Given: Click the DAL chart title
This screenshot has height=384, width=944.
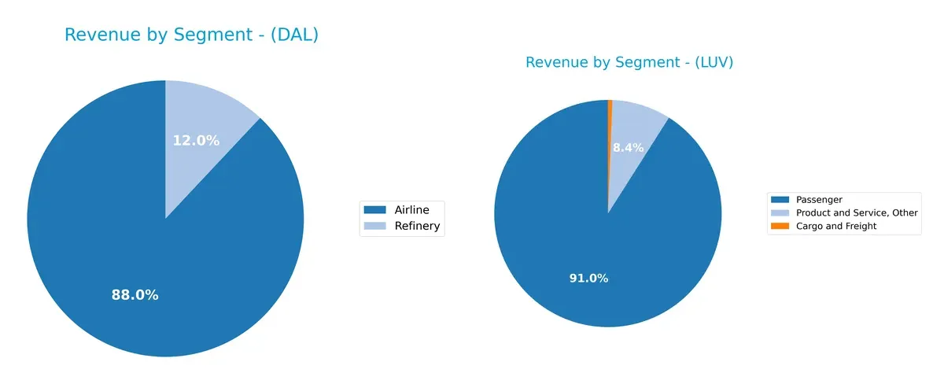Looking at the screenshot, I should click(191, 35).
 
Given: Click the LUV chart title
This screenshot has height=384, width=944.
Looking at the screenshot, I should click(629, 63).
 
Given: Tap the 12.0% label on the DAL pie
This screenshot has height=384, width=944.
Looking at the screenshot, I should click(196, 141).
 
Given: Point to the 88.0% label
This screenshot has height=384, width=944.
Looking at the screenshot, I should click(135, 295).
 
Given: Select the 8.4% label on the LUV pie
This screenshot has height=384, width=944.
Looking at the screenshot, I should click(628, 147).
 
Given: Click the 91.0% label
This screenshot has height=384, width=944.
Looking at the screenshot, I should click(588, 279).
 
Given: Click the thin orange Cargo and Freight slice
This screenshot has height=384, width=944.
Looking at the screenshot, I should click(610, 126).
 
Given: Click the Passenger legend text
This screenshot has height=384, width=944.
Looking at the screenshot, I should click(819, 200).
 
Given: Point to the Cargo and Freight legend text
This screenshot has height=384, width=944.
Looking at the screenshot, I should click(836, 226).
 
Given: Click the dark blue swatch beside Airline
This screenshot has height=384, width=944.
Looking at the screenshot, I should click(374, 209).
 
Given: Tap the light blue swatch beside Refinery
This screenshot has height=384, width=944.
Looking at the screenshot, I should click(374, 227).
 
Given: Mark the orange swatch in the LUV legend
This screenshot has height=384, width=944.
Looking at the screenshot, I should click(780, 226).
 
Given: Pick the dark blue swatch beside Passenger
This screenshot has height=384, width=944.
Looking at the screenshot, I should click(780, 200).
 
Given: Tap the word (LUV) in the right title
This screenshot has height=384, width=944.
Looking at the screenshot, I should click(710, 63).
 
